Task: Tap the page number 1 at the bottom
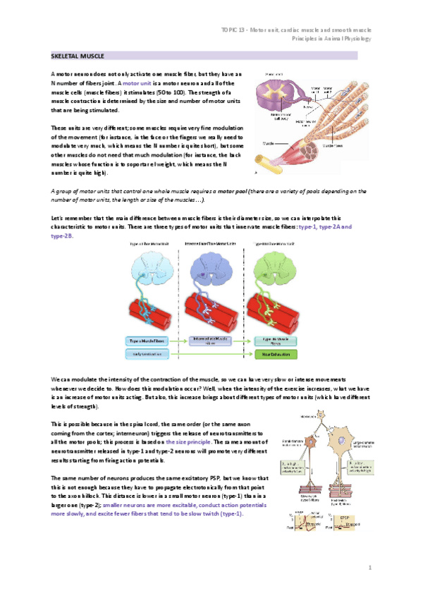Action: coord(369,567)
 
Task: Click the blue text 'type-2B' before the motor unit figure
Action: coord(63,236)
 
